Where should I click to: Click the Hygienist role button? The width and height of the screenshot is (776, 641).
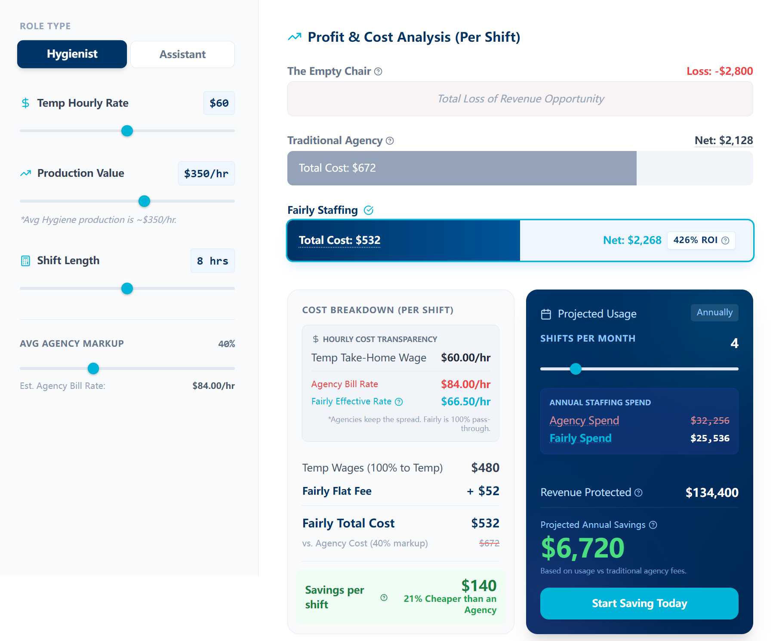click(72, 54)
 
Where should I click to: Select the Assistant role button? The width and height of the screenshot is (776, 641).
click(182, 55)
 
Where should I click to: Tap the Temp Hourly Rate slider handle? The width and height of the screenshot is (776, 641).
click(127, 131)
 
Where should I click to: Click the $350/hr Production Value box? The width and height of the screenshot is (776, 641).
click(206, 173)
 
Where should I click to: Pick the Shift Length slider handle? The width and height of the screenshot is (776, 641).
click(127, 288)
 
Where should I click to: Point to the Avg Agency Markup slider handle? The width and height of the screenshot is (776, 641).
click(93, 368)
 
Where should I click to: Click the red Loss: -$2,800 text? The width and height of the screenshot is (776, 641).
click(719, 71)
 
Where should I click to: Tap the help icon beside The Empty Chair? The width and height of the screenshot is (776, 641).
click(378, 71)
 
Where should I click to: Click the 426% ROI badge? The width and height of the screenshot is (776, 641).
click(701, 240)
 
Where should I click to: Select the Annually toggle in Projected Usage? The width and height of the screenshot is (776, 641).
click(714, 312)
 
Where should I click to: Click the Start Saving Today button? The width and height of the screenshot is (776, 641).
click(639, 603)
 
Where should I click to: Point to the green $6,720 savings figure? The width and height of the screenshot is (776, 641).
click(582, 548)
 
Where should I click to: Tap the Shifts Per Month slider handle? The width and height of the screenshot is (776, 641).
click(576, 369)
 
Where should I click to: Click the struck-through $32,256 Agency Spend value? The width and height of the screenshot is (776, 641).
click(709, 420)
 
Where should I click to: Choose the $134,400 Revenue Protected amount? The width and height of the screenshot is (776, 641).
click(711, 493)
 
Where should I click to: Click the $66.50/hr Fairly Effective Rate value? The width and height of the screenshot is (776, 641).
click(465, 401)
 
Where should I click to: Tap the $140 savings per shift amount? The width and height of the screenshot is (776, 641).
click(479, 586)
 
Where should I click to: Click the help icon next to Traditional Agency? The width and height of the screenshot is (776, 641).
click(390, 141)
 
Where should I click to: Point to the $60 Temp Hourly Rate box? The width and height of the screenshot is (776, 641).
click(219, 103)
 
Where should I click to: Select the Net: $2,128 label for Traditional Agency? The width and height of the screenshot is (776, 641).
click(724, 140)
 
